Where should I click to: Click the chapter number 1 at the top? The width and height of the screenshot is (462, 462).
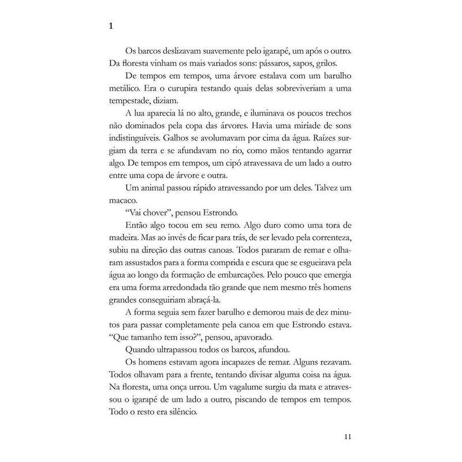pyautogui.click(x=110, y=27)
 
